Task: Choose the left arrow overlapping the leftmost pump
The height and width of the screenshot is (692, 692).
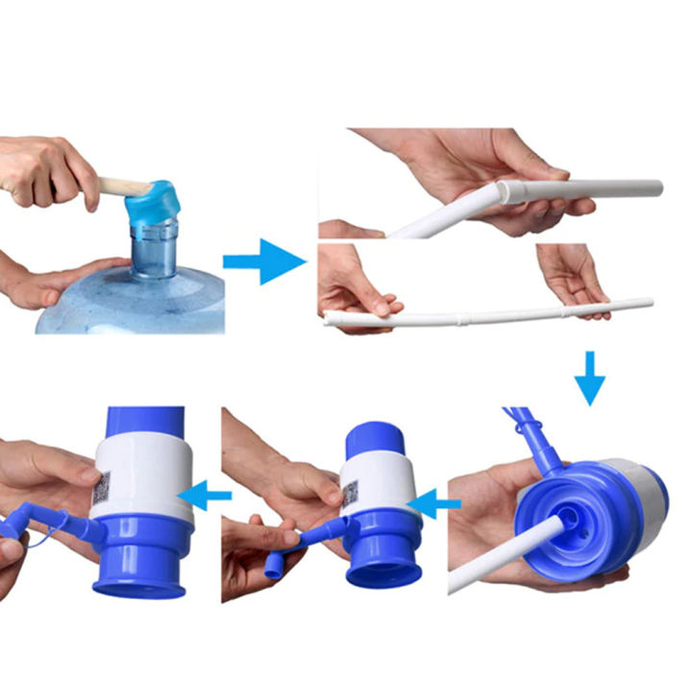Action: (210, 496)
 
